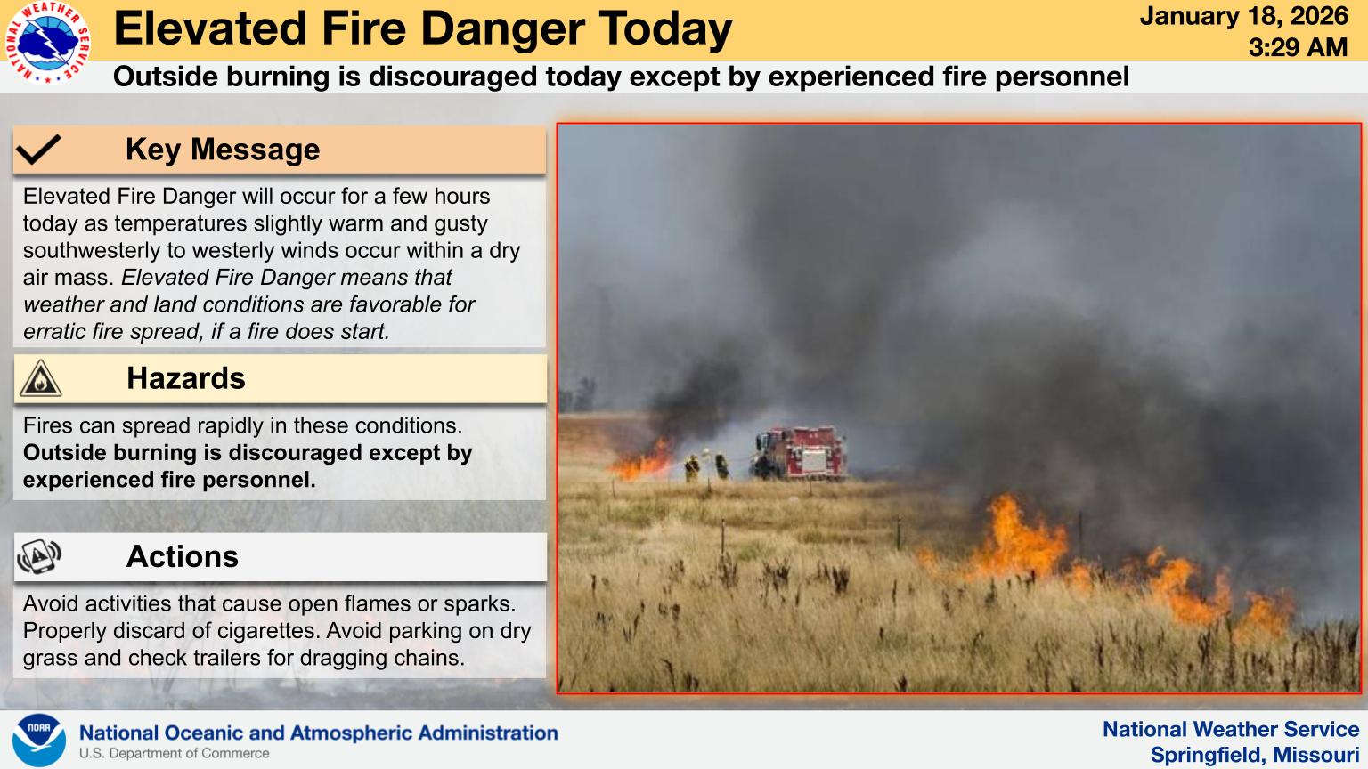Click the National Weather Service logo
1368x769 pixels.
click(x=47, y=42)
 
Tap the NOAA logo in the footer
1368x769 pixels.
click(x=39, y=741)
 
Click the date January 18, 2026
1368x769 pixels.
click(x=1244, y=17)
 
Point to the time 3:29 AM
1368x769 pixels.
click(x=1298, y=47)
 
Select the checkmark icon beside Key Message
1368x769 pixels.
click(x=38, y=149)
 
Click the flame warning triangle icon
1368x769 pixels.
click(x=40, y=378)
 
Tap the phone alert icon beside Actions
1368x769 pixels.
click(x=39, y=556)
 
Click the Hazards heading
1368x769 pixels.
click(x=185, y=378)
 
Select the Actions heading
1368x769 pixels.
click(x=182, y=556)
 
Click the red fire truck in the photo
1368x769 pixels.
click(x=800, y=452)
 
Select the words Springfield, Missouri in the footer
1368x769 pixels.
click(x=1254, y=755)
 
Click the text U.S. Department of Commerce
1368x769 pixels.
click(x=174, y=753)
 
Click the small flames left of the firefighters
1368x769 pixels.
click(x=641, y=461)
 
